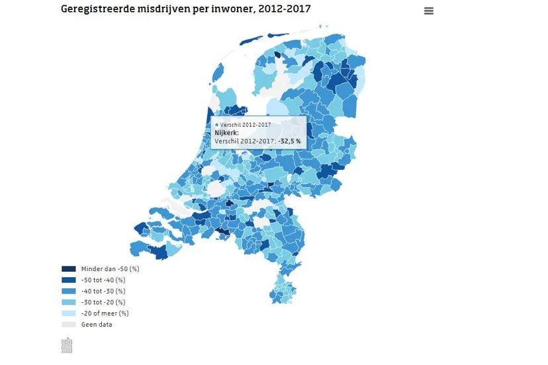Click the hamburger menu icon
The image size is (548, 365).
point(429,11)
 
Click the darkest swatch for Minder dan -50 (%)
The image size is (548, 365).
point(69,269)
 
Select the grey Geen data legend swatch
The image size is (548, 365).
point(69,325)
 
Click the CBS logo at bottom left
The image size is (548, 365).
point(67,345)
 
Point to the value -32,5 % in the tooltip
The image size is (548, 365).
point(289,141)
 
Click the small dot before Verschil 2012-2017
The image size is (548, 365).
point(216,124)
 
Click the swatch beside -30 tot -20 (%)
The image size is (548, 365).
point(69,302)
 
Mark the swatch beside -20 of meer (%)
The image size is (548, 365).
point(69,313)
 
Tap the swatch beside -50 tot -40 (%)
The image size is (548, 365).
point(69,280)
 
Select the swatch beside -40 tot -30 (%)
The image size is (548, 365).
point(69,291)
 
